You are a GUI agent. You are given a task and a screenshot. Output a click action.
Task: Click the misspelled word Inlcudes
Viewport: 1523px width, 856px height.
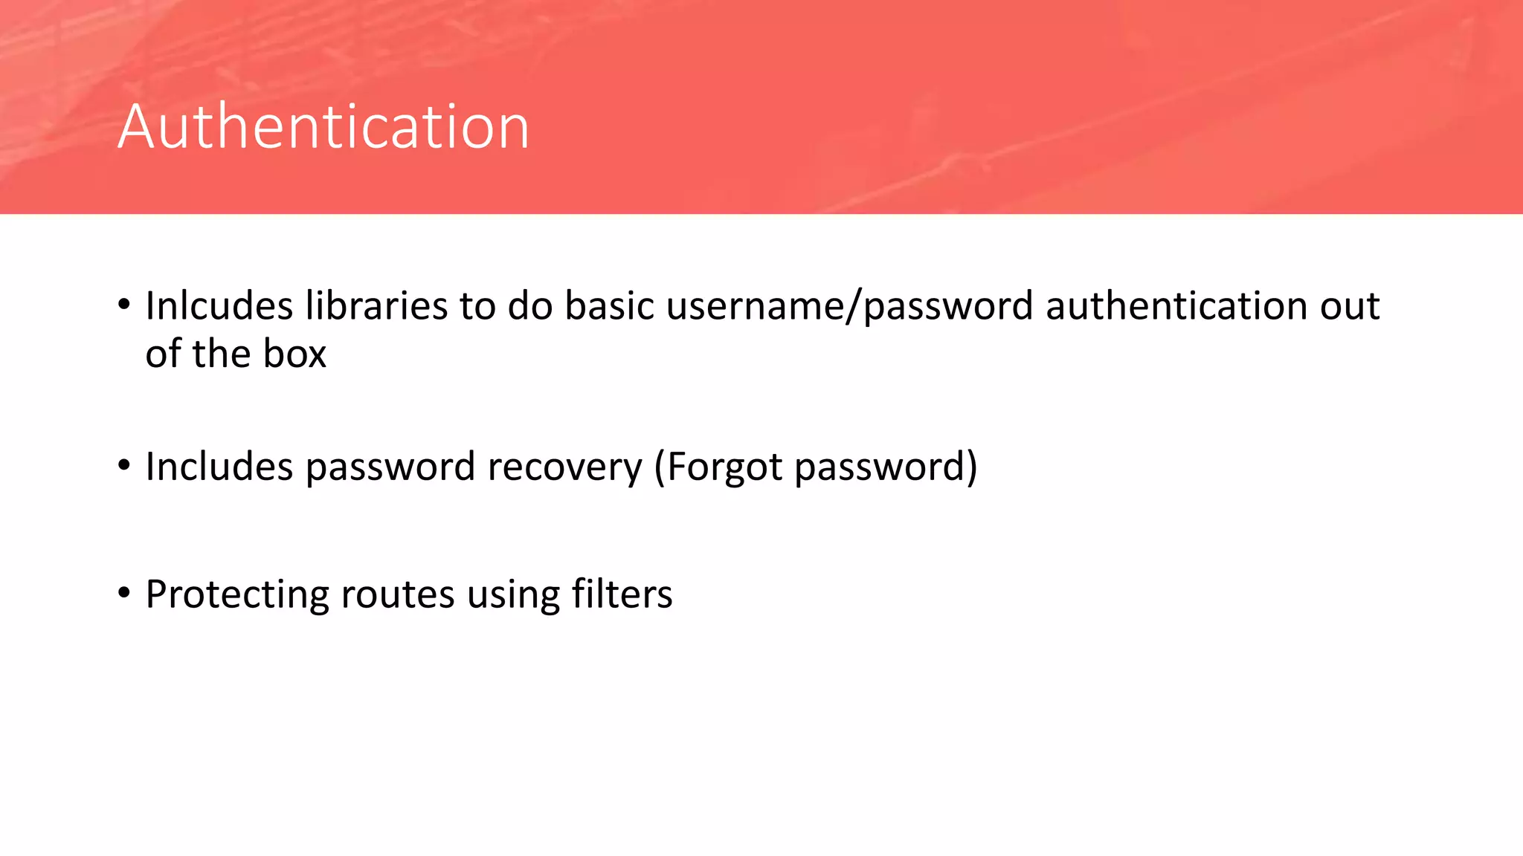pos(219,305)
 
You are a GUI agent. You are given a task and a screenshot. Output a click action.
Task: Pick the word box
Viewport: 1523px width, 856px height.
pos(295,354)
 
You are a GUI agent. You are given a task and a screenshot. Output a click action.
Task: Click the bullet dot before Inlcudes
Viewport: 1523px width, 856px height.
pos(124,304)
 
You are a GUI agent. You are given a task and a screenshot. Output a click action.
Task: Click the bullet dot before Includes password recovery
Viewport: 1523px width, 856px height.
pos(124,465)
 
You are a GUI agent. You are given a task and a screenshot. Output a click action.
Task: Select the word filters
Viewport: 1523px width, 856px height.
pos(622,594)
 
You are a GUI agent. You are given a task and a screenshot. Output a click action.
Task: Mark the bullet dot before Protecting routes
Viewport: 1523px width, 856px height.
pos(124,593)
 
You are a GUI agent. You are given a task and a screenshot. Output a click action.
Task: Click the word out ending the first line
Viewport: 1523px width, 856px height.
pos(1350,305)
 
